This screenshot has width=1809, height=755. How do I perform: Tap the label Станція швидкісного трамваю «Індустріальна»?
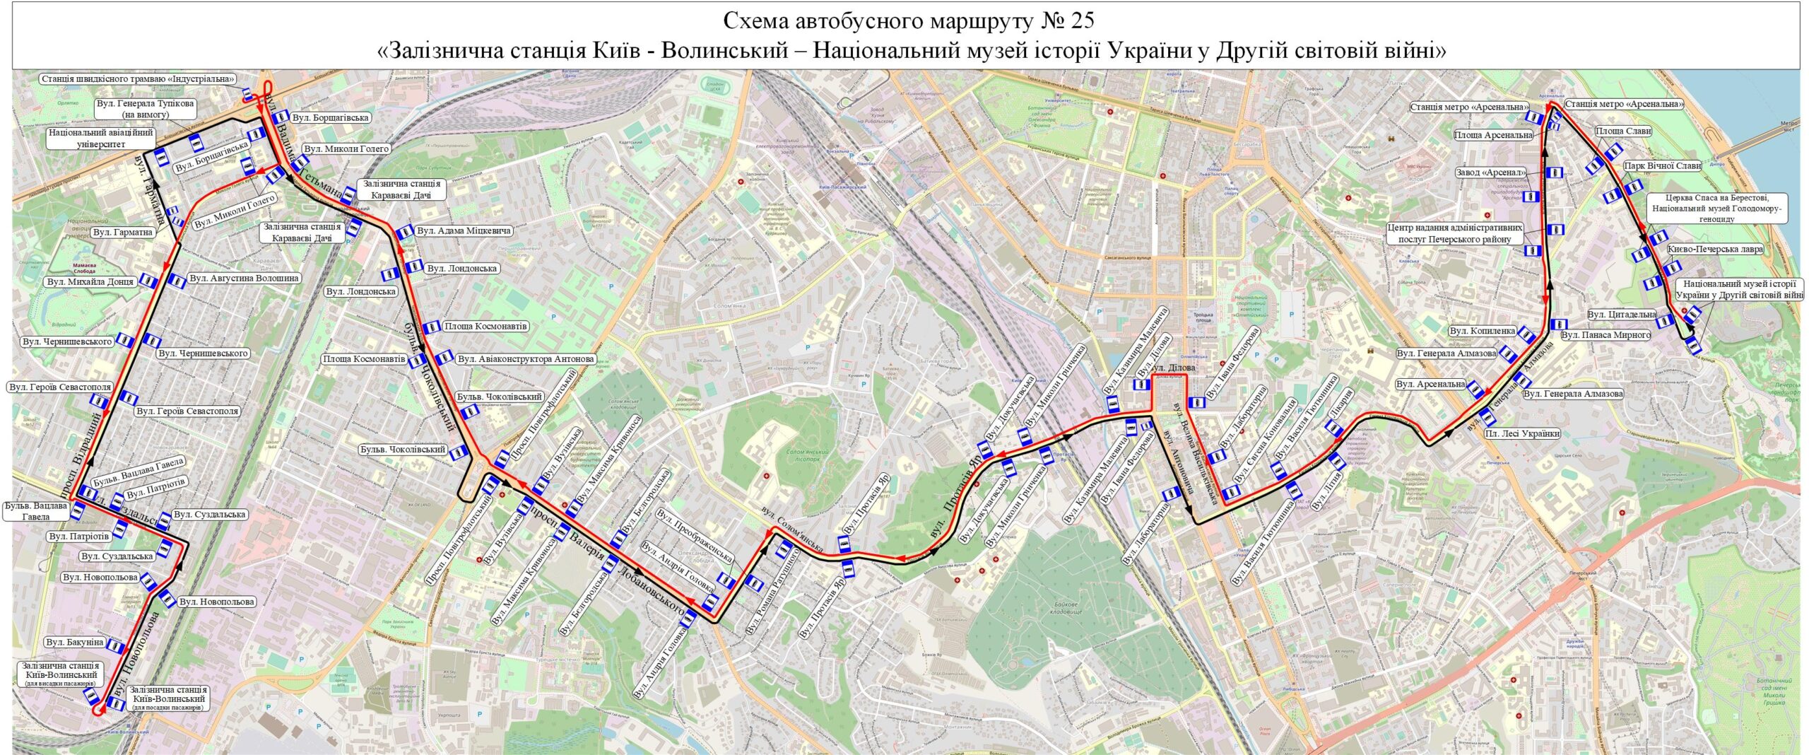[138, 79]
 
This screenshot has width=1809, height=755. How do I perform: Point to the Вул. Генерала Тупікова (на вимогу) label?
[145, 109]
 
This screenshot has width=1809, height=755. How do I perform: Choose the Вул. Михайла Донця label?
[90, 282]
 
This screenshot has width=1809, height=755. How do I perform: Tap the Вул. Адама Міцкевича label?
[464, 230]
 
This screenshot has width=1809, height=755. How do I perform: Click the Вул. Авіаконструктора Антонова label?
[526, 359]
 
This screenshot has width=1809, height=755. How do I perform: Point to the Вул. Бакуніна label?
[75, 643]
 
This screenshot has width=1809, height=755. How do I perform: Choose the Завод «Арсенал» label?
[1490, 172]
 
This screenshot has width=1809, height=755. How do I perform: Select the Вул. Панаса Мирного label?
[1605, 335]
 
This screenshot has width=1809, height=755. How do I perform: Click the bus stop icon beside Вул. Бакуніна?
[114, 645]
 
